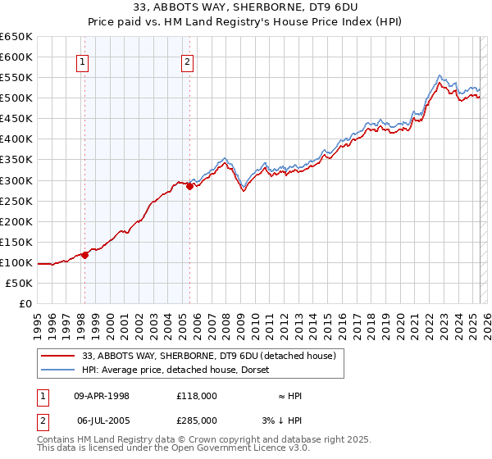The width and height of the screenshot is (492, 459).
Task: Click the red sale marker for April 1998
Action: tap(84, 255)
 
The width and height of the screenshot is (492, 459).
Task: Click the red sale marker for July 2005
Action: tap(189, 186)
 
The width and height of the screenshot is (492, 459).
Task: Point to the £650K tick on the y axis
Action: tap(16, 37)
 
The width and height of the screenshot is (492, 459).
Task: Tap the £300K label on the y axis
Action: tap(16, 180)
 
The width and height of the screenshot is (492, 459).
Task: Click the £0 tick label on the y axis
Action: tap(25, 303)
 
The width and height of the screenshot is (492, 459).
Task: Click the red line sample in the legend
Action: tap(58, 356)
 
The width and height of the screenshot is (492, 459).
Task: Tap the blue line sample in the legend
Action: tap(58, 370)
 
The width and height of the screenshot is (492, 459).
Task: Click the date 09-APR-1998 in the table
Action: tap(102, 396)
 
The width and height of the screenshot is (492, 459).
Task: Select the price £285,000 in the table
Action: tap(197, 420)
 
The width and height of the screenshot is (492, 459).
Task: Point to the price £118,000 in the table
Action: tap(197, 396)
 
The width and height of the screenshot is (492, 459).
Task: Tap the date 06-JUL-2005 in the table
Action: tap(102, 420)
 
